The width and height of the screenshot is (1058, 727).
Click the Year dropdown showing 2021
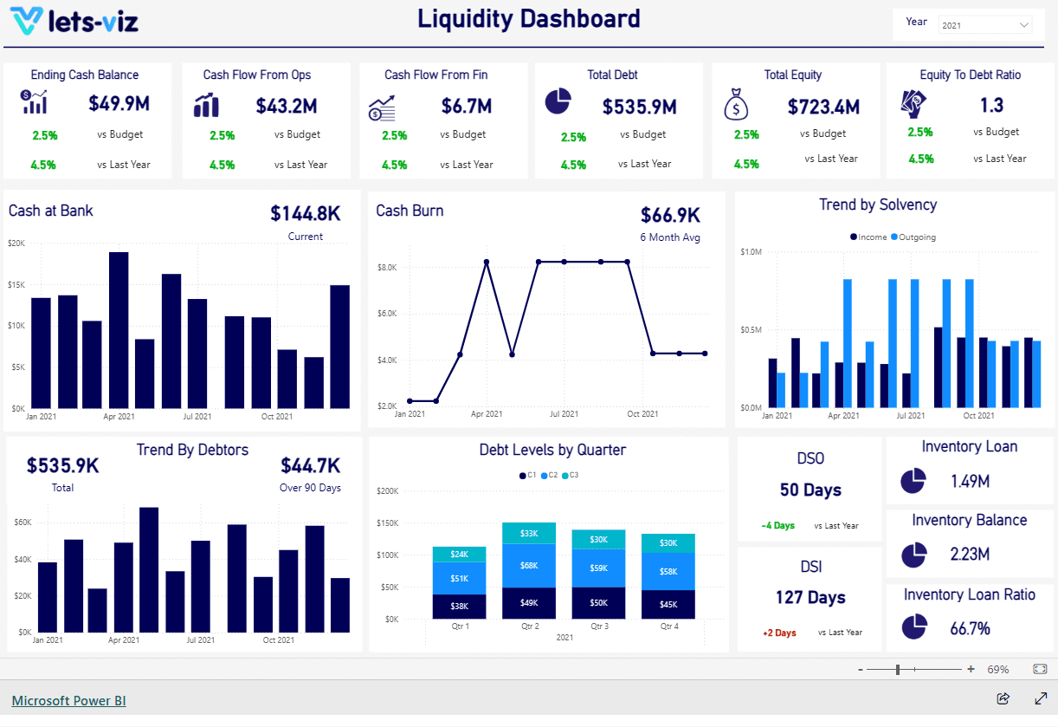(985, 25)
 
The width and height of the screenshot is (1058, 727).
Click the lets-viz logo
(76, 21)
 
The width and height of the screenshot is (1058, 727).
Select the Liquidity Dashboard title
(529, 19)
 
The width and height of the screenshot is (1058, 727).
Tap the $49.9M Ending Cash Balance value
(119, 104)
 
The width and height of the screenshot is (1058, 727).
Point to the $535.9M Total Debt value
(639, 107)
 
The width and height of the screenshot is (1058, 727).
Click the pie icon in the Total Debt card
(558, 101)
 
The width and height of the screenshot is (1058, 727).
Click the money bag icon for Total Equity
(735, 105)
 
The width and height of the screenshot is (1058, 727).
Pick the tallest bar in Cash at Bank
(119, 329)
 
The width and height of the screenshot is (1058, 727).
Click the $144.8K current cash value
(305, 213)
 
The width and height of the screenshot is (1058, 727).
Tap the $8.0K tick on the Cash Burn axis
(386, 268)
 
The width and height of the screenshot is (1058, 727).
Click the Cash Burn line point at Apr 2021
(487, 262)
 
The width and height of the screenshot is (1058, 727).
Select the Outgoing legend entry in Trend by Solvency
(916, 237)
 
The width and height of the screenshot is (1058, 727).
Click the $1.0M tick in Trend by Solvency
(751, 252)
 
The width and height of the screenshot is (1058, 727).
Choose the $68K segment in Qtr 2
(529, 566)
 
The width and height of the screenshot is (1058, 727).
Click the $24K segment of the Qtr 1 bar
(459, 555)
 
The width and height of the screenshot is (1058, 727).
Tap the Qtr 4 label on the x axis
(668, 626)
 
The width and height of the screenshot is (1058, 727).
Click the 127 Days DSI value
(810, 597)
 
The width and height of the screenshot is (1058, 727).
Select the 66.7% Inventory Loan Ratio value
(970, 628)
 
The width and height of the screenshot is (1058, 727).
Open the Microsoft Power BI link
(68, 700)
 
